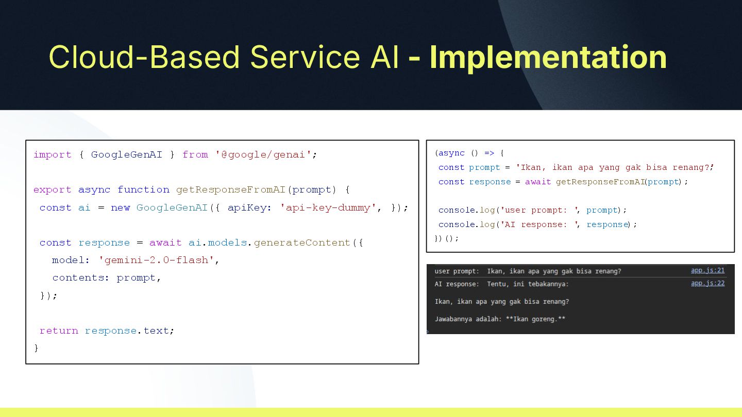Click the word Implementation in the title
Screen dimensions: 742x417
coord(548,57)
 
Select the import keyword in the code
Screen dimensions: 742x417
coord(53,154)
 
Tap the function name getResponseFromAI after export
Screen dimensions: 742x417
coord(230,189)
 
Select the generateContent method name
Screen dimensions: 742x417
coord(301,242)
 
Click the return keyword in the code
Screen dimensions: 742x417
coord(59,331)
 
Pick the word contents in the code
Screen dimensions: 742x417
coord(78,277)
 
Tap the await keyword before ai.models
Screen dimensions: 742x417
coord(165,242)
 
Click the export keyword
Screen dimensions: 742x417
coord(53,189)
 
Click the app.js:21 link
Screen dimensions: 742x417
coord(707,270)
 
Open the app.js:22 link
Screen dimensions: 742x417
coord(707,283)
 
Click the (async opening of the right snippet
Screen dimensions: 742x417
coord(449,153)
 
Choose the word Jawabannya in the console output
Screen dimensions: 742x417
coord(454,319)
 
